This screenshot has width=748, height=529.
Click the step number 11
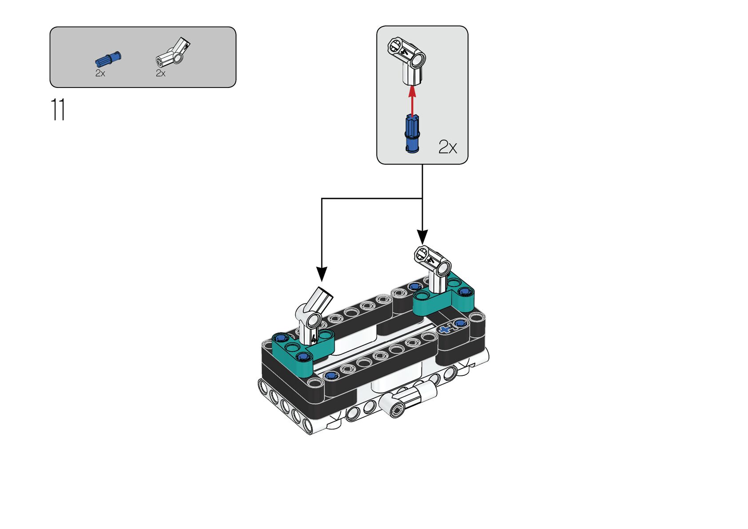(58, 109)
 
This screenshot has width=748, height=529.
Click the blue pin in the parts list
(108, 59)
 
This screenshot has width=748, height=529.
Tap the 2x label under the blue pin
(100, 73)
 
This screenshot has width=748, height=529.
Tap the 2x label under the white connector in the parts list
(160, 73)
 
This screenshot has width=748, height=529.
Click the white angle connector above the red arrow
(407, 60)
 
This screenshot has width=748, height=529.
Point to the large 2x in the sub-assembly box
(447, 147)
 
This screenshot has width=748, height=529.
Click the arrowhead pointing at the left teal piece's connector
(322, 273)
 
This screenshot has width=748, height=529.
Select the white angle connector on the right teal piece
(433, 269)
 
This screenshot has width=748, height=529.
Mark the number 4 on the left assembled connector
(314, 338)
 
